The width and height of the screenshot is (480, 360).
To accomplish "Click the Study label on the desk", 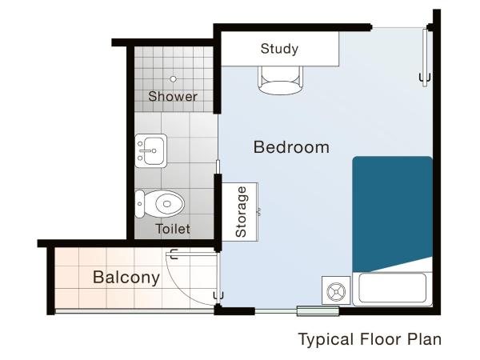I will pyautogui.click(x=279, y=49).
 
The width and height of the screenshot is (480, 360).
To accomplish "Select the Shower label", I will pyautogui.click(x=173, y=97).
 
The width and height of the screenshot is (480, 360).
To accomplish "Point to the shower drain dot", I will pyautogui.click(x=173, y=79).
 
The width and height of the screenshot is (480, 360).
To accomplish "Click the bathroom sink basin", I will pyautogui.click(x=151, y=150).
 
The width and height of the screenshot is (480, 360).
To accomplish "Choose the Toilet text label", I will pyautogui.click(x=173, y=229).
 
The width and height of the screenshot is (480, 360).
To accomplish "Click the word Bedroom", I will pyautogui.click(x=291, y=147).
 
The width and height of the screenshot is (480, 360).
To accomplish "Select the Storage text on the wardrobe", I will pyautogui.click(x=242, y=211).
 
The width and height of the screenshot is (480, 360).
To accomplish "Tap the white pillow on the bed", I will pyautogui.click(x=391, y=288).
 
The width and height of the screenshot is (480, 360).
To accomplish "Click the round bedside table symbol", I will pyautogui.click(x=336, y=290).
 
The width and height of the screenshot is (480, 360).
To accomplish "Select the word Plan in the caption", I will pyautogui.click(x=425, y=339).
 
